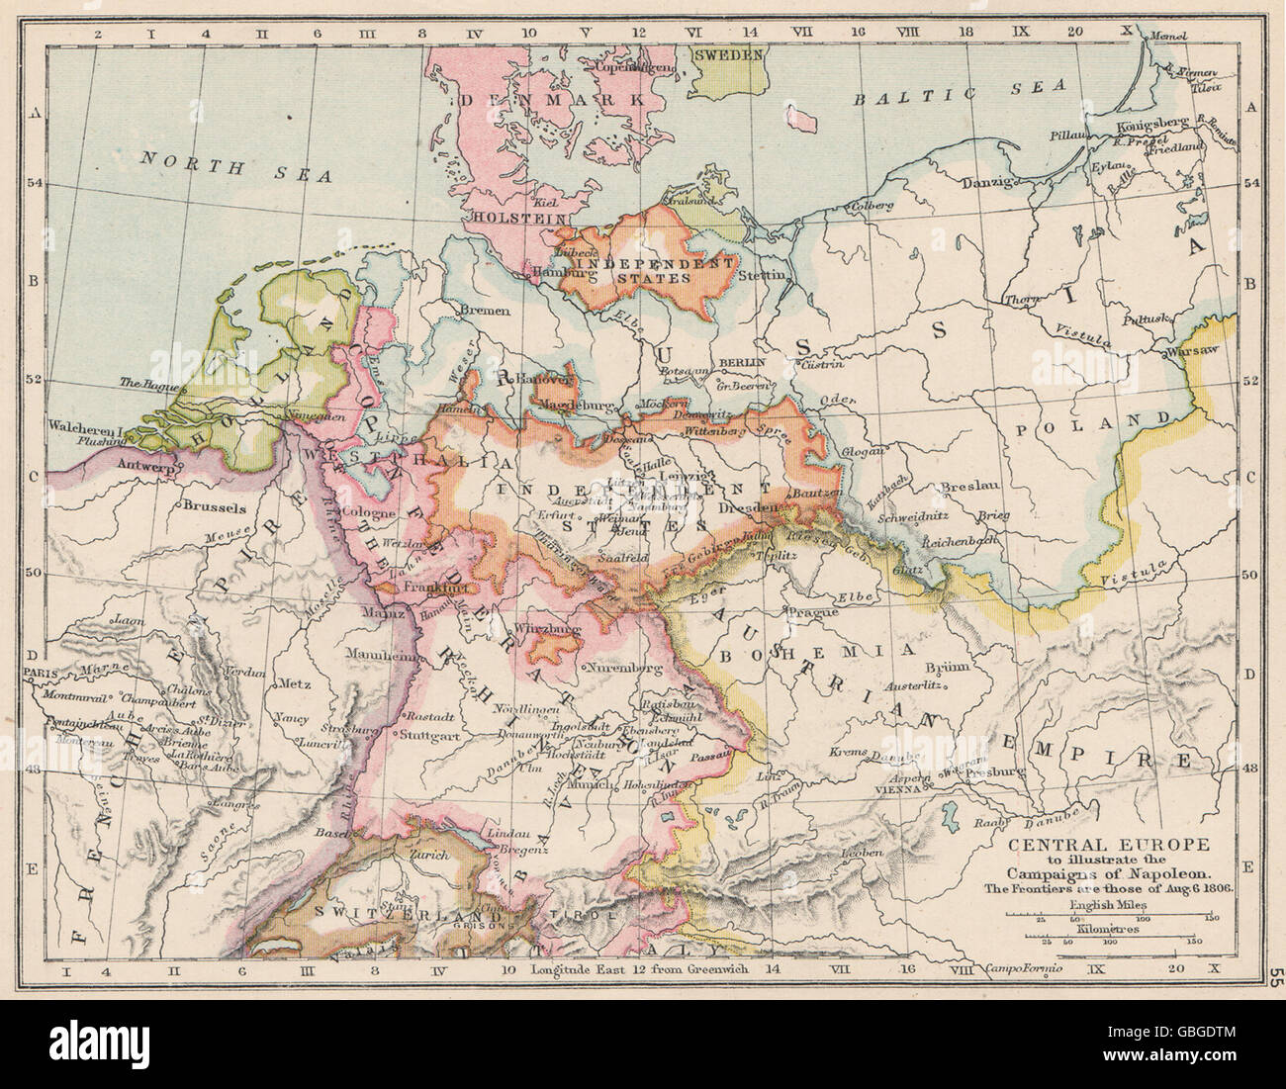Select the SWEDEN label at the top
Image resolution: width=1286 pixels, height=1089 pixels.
(x=728, y=55)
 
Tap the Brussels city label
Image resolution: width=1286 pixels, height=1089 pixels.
(x=214, y=506)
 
